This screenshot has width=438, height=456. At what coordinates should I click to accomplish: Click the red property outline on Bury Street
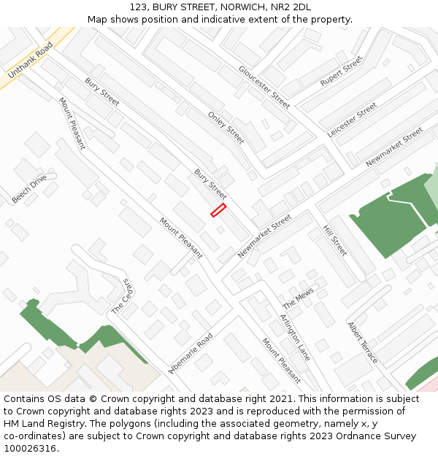218,210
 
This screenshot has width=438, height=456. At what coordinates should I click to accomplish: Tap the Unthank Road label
31,61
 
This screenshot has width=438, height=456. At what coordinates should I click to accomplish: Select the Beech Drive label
29,188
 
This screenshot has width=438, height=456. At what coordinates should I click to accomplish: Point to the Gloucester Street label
264,87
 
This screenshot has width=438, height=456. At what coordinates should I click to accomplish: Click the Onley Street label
226,127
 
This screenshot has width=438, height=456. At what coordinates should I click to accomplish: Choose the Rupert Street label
342,71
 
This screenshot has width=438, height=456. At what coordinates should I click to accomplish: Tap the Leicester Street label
353,120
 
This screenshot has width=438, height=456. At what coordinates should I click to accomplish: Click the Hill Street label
335,240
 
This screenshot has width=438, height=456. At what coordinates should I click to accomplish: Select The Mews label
298,297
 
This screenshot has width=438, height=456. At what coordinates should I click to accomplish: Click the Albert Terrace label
363,343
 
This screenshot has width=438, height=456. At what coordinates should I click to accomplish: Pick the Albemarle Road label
191,353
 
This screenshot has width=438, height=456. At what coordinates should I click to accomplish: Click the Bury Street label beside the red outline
210,184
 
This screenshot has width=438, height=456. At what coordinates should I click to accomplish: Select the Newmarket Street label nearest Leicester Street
394,147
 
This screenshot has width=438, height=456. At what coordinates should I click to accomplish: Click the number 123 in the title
139,7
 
